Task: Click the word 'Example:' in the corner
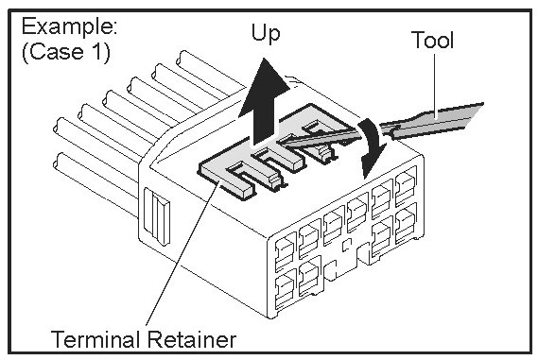pos(69,26)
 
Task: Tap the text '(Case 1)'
pos(66,52)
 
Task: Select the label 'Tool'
pos(432,40)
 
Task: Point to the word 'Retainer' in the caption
pos(192,339)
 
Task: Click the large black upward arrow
pos(264,103)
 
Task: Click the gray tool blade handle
pos(438,120)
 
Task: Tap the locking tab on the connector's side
pos(157,216)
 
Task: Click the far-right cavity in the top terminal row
pos(406,186)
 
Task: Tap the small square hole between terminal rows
pos(347,244)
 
